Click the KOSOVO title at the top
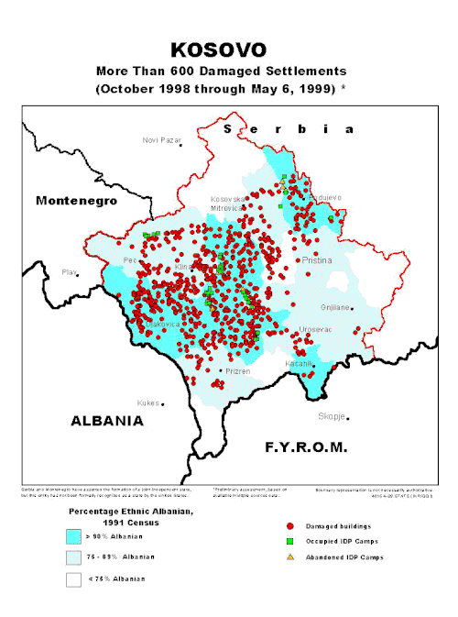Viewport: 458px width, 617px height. [228, 50]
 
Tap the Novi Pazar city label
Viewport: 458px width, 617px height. [161, 139]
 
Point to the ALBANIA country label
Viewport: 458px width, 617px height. [107, 420]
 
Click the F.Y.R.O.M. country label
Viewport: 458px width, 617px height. [306, 447]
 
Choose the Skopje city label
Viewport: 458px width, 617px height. [331, 415]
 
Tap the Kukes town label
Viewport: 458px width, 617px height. [147, 402]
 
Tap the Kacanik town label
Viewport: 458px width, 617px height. [300, 363]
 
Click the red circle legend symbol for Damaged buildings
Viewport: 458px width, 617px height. [289, 527]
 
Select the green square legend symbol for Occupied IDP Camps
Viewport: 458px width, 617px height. [289, 543]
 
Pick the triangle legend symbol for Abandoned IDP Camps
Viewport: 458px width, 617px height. [289, 558]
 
